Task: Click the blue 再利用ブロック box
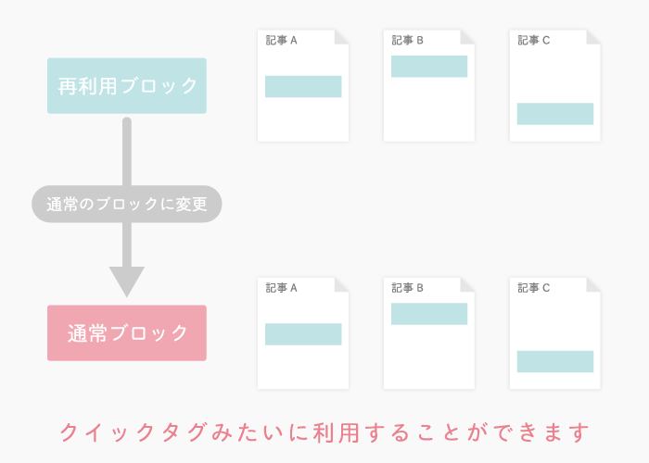(x=127, y=85)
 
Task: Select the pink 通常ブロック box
(x=127, y=332)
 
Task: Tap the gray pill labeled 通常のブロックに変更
(x=127, y=204)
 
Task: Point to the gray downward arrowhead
(x=127, y=282)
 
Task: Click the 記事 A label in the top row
(x=282, y=40)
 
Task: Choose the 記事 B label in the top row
(x=407, y=40)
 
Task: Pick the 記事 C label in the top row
(x=533, y=40)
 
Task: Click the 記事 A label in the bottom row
(x=282, y=288)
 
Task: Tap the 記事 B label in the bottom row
(x=407, y=288)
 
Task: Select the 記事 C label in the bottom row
(x=533, y=288)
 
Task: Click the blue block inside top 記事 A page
(x=303, y=86)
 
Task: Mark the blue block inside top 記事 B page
(x=429, y=66)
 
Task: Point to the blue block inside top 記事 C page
(x=555, y=114)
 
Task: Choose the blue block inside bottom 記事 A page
(x=303, y=334)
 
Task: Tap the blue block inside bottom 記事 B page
(x=429, y=314)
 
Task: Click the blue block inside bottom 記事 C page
(x=555, y=361)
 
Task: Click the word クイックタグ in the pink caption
(x=134, y=432)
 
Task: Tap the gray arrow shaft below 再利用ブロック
(x=127, y=193)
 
